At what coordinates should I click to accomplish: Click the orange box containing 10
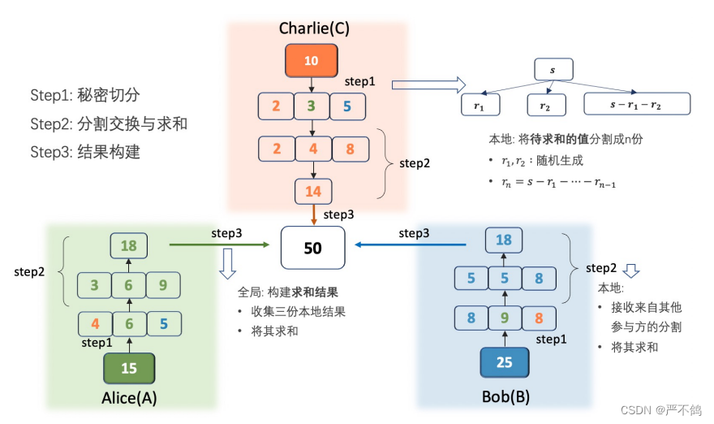tap(312, 61)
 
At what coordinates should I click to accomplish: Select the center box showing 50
tap(312, 249)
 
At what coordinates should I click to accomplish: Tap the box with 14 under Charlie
tap(312, 193)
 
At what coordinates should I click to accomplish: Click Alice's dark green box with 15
tap(129, 368)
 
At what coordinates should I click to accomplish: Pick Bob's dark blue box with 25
tap(504, 362)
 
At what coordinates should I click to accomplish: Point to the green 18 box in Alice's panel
tap(129, 246)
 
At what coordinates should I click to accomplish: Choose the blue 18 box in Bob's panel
tap(503, 240)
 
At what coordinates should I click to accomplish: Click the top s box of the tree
tap(553, 70)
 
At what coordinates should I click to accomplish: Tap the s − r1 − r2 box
tap(637, 104)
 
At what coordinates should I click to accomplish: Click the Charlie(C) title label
tap(314, 28)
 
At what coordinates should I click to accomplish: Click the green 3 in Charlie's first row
tap(312, 106)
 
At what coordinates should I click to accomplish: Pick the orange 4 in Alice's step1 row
tap(95, 324)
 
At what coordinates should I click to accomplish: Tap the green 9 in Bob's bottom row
tap(503, 318)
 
